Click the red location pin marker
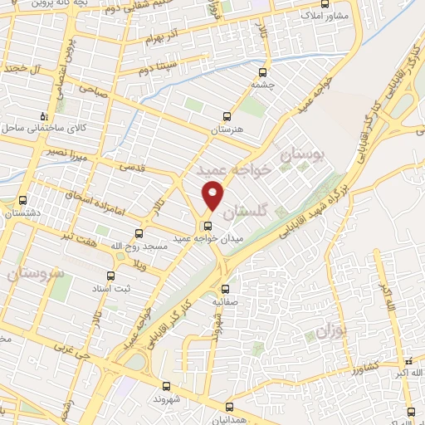click(213, 196)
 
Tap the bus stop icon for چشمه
click(264, 72)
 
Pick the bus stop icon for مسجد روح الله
click(139, 233)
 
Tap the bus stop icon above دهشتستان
click(22, 200)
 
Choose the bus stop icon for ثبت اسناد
click(110, 276)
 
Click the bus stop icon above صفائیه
click(226, 290)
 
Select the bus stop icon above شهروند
click(167, 386)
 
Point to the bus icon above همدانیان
click(231, 407)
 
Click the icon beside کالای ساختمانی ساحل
click(45, 115)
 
